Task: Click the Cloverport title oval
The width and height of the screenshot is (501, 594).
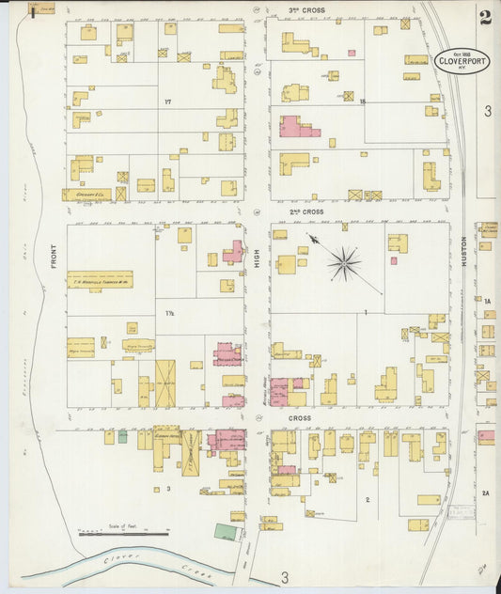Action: pyautogui.click(x=462, y=61)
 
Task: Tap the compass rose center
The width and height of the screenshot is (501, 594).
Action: pyautogui.click(x=345, y=263)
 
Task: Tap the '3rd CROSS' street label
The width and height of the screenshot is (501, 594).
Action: pyautogui.click(x=305, y=10)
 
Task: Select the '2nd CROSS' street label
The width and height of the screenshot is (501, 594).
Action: pyautogui.click(x=305, y=212)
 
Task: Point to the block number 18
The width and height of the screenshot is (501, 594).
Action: pyautogui.click(x=360, y=101)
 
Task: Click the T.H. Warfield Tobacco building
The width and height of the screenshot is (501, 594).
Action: pyautogui.click(x=100, y=279)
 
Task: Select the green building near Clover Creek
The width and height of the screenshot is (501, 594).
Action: pyautogui.click(x=225, y=532)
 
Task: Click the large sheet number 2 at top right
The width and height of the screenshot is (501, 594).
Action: pyautogui.click(x=484, y=16)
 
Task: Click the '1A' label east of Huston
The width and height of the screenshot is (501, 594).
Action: pyautogui.click(x=488, y=301)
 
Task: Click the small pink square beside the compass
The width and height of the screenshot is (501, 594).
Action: pyautogui.click(x=393, y=260)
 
